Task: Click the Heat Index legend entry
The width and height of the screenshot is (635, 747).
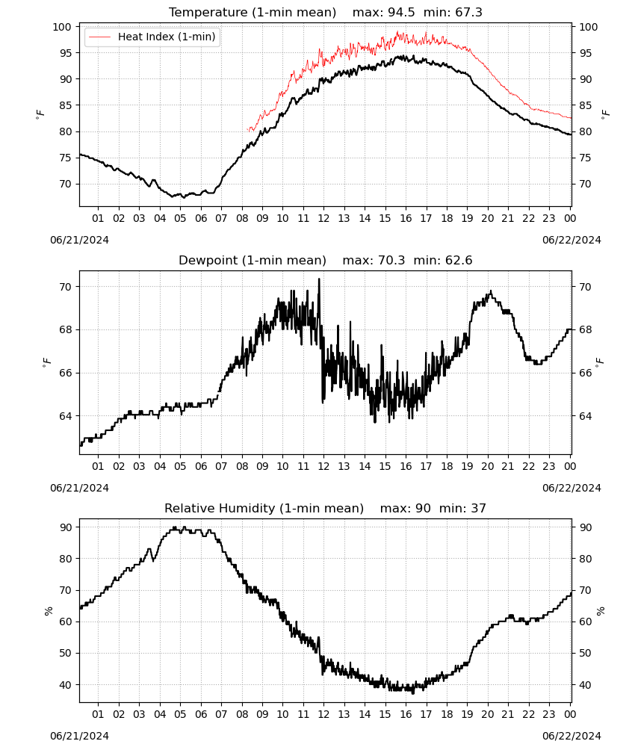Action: [x=152, y=37]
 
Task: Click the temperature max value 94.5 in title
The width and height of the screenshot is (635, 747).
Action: [x=401, y=12]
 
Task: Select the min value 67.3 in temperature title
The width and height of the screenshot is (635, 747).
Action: [x=468, y=12]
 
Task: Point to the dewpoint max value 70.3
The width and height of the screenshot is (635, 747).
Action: [x=391, y=260]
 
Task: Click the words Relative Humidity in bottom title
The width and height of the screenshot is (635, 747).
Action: [x=220, y=508]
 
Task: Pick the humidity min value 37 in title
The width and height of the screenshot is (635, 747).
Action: [x=478, y=508]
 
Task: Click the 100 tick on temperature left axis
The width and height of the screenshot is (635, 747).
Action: [x=62, y=27]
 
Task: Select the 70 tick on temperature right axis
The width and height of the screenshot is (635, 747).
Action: [x=585, y=184]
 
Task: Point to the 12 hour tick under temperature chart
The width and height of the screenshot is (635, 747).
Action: [x=323, y=218]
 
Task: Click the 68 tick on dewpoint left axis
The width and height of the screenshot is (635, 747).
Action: [x=65, y=329]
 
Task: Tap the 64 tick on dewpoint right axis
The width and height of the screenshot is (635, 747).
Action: [x=585, y=416]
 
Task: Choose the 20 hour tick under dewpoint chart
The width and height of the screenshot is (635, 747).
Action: [x=487, y=466]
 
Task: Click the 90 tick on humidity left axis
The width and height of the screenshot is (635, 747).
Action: [x=65, y=527]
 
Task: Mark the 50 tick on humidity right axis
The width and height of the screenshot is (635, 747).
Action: [x=585, y=653]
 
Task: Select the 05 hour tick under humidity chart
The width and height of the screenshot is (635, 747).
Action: [x=180, y=714]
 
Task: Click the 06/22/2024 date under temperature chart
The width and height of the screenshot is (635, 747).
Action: [x=571, y=240]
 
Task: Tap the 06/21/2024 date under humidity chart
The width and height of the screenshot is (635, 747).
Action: [x=79, y=736]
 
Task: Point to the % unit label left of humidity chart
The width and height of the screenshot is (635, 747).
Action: [x=48, y=611]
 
